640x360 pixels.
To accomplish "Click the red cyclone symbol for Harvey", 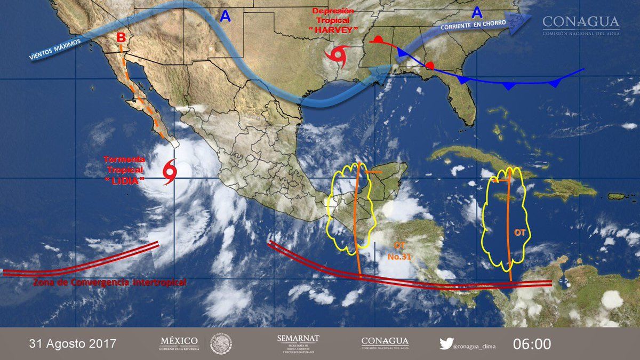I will click(339, 54).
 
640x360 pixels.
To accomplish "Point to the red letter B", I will click(122, 38).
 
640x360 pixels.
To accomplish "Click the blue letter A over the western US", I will click(225, 17).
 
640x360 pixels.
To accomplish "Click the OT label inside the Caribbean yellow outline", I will click(519, 233).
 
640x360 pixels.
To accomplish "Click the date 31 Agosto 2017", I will click(73, 343).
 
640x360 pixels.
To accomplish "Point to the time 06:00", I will click(532, 343).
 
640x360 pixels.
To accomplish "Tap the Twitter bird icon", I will click(446, 343).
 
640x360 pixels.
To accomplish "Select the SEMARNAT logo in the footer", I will click(298, 343).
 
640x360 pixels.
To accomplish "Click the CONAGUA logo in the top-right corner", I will click(581, 25).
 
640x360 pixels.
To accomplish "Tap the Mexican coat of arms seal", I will click(221, 343).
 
